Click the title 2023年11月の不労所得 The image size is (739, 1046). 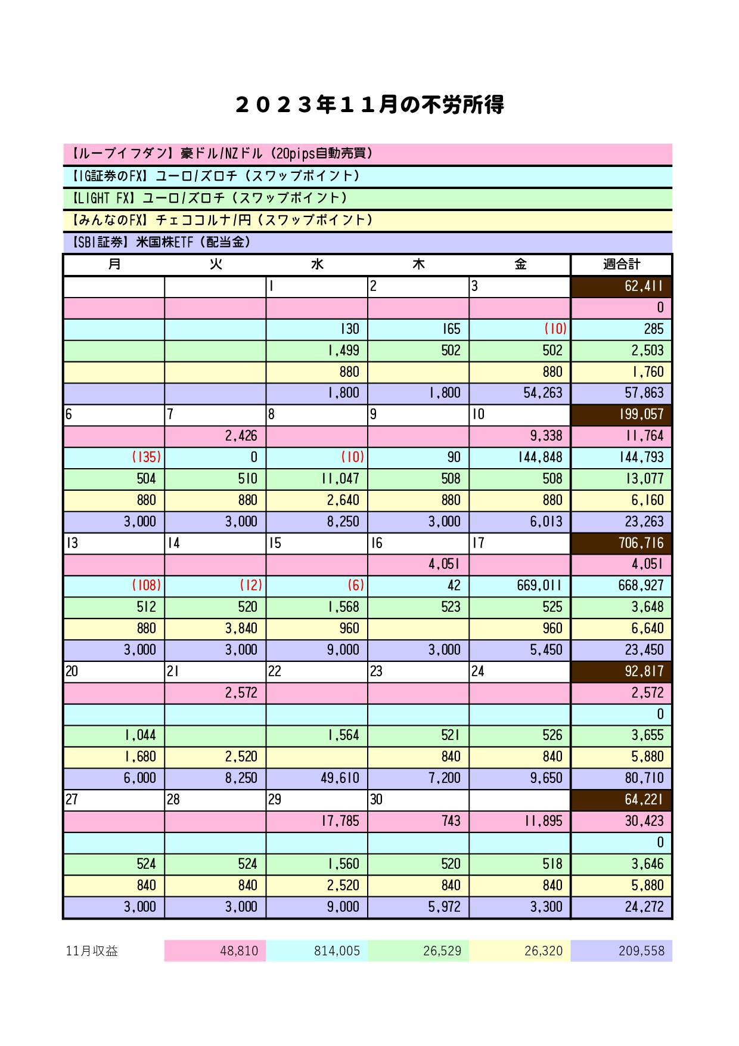coord(369,105)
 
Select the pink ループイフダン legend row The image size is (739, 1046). coord(367,154)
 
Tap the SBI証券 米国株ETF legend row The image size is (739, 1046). coord(367,242)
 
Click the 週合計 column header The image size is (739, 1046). coord(621,264)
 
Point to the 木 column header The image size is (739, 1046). coord(418,264)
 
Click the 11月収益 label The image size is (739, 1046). coord(92,951)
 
